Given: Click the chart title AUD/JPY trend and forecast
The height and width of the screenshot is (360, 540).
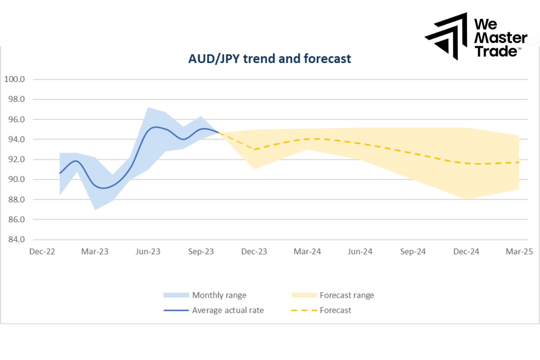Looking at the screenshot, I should click(270, 58).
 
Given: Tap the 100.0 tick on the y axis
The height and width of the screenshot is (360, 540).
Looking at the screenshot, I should click(14, 79).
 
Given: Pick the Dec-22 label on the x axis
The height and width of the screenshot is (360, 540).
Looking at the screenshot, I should click(42, 252).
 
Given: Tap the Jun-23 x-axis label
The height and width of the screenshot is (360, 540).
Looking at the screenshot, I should click(148, 252).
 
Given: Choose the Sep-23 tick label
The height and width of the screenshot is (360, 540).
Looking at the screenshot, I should click(201, 252).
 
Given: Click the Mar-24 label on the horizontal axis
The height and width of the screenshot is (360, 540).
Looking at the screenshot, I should click(307, 252).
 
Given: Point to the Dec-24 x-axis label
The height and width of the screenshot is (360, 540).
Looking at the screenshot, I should click(466, 252).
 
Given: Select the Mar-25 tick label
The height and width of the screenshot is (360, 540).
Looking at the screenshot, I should click(519, 252).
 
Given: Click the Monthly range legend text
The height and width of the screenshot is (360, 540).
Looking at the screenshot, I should click(219, 295).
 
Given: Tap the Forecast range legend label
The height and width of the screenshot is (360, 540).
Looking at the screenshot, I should click(346, 295).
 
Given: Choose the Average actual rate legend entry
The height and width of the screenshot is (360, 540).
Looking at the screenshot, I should click(228, 310).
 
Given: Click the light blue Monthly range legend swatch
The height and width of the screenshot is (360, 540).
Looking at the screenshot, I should click(176, 295).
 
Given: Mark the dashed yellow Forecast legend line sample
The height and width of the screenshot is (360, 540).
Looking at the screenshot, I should click(304, 310).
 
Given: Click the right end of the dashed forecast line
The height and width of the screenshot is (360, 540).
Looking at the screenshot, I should click(518, 162).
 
